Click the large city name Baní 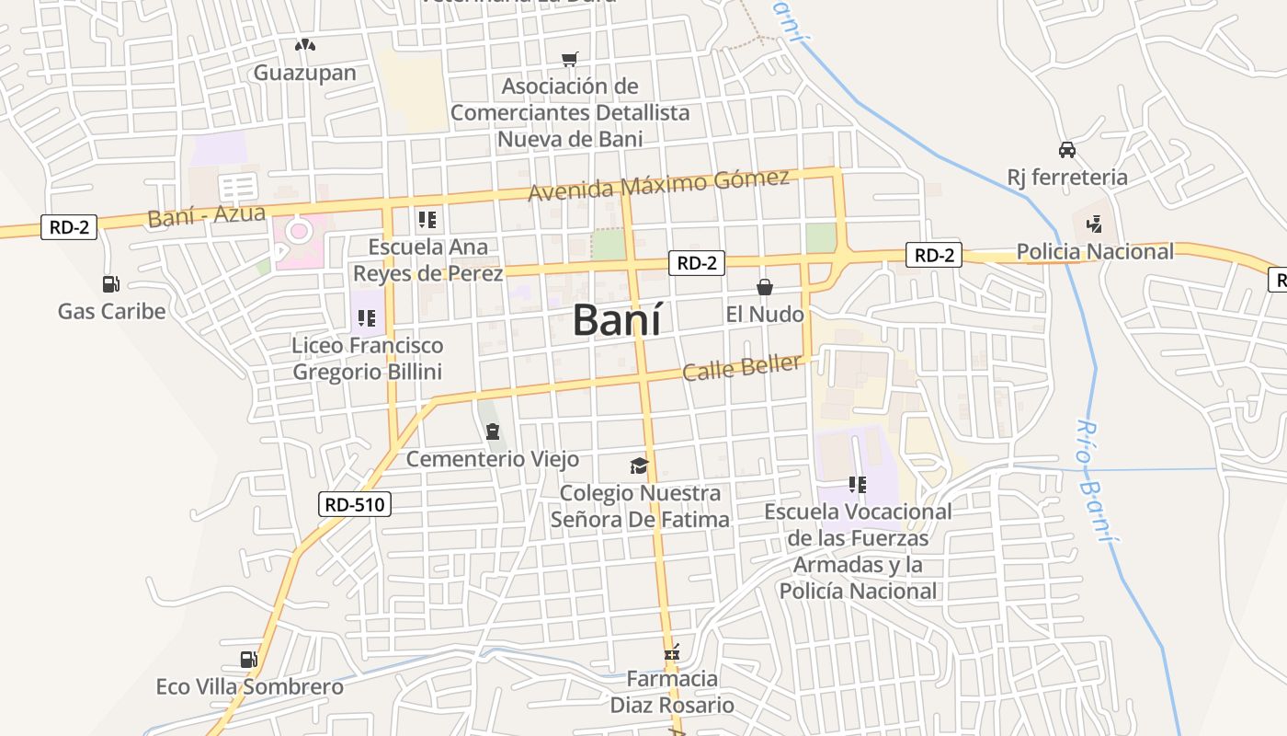pyautogui.click(x=616, y=319)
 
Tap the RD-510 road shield pyautogui.click(x=357, y=504)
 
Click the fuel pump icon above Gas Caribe pyautogui.click(x=111, y=284)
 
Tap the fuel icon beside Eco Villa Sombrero pyautogui.click(x=248, y=659)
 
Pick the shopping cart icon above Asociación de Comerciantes pyautogui.click(x=570, y=59)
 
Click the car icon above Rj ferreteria pyautogui.click(x=1067, y=149)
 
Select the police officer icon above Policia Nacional pyautogui.click(x=1094, y=224)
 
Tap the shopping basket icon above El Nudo pyautogui.click(x=764, y=287)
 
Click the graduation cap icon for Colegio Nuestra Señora pyautogui.click(x=639, y=466)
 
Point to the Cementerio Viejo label pyautogui.click(x=493, y=458)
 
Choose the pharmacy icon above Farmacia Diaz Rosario pyautogui.click(x=672, y=653)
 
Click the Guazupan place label pyautogui.click(x=305, y=73)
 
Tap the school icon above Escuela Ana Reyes pyautogui.click(x=427, y=220)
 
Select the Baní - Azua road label pyautogui.click(x=206, y=216)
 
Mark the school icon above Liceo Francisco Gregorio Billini pyautogui.click(x=367, y=319)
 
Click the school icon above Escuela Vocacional pyautogui.click(x=858, y=484)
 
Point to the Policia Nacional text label pyautogui.click(x=1095, y=251)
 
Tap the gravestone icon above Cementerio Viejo pyautogui.click(x=493, y=431)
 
